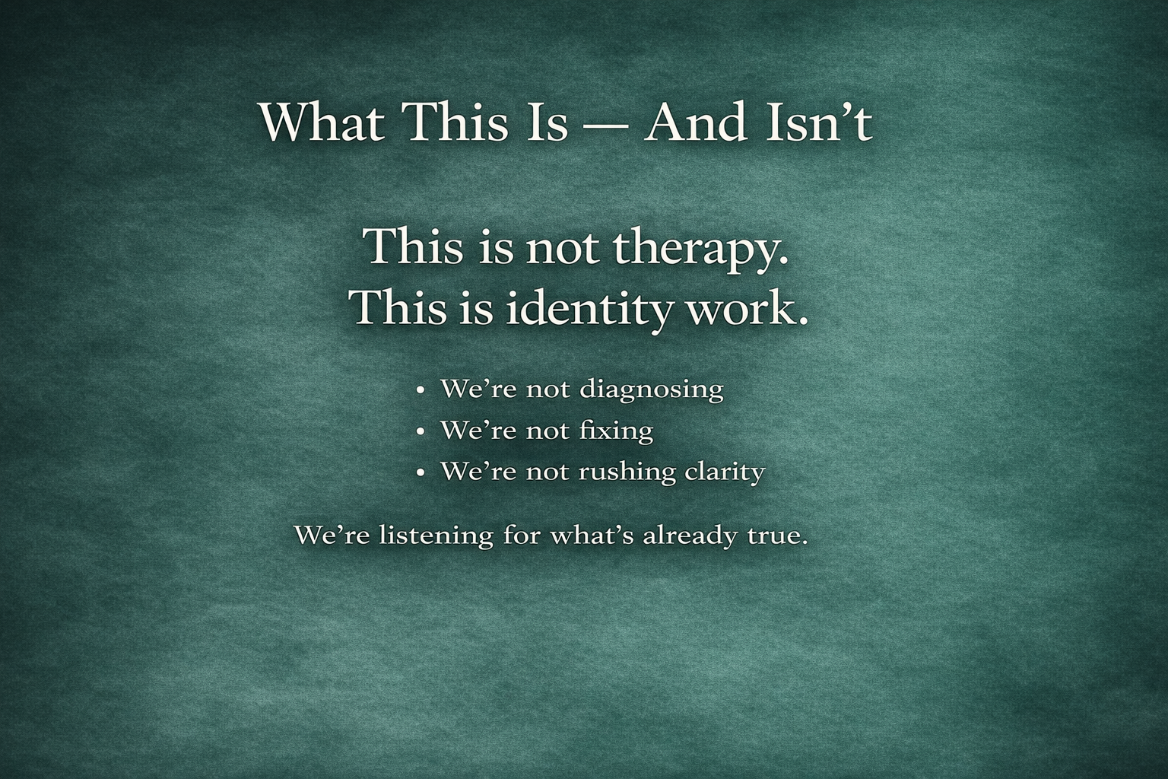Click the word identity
[x=588, y=310]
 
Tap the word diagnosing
[x=652, y=389]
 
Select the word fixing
[x=617, y=431]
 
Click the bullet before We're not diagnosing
[x=421, y=391]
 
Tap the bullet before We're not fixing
[x=421, y=432]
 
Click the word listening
[x=436, y=536]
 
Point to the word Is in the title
[x=547, y=122]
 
